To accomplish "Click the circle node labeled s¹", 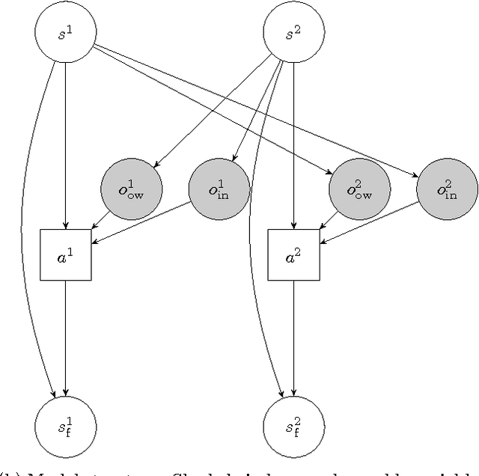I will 66,34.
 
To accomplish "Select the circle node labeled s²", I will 294,34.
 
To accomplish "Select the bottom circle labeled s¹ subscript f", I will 66,427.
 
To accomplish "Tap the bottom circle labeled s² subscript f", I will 294,427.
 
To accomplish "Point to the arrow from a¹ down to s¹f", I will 66,337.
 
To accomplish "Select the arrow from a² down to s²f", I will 294,337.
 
